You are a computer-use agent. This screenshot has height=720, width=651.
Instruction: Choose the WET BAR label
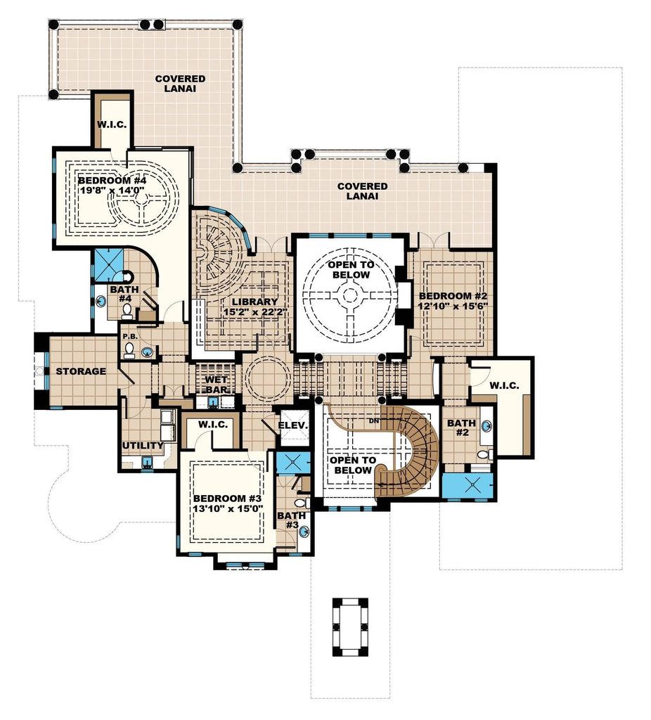(214, 385)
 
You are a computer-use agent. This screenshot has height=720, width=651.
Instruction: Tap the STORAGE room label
(81, 371)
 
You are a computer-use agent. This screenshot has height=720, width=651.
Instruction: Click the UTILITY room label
(143, 446)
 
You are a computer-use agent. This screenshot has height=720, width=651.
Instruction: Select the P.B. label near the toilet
(129, 337)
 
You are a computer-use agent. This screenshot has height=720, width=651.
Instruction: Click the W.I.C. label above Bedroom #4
(112, 124)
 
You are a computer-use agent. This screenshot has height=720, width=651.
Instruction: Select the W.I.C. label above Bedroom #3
(210, 425)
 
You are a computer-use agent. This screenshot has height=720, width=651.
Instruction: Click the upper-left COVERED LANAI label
(180, 84)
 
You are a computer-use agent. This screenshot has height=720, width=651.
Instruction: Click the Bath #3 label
(291, 520)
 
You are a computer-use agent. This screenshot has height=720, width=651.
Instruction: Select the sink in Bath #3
(304, 532)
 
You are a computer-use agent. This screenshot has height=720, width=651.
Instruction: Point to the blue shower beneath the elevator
(288, 463)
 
